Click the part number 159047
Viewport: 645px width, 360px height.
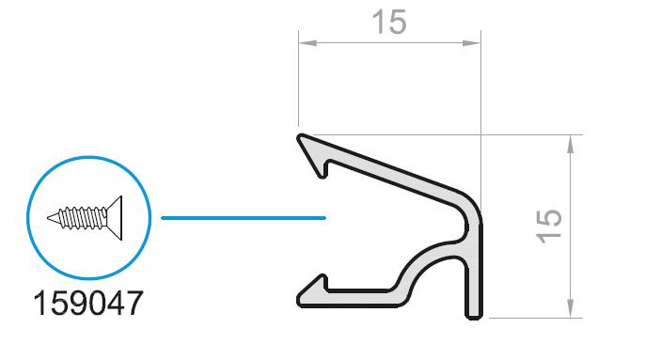coord(88,304)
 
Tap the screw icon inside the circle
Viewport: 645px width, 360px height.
coord(86,218)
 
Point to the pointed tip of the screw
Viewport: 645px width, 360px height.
coord(49,218)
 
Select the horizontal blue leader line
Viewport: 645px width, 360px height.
coord(244,218)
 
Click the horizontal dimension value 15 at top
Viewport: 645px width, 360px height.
coord(389,23)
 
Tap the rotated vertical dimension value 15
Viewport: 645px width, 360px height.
coord(549,227)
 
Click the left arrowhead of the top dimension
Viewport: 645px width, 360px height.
coord(307,43)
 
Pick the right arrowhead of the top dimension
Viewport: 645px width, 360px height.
coord(471,43)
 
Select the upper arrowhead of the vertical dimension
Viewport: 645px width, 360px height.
coord(570,144)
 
